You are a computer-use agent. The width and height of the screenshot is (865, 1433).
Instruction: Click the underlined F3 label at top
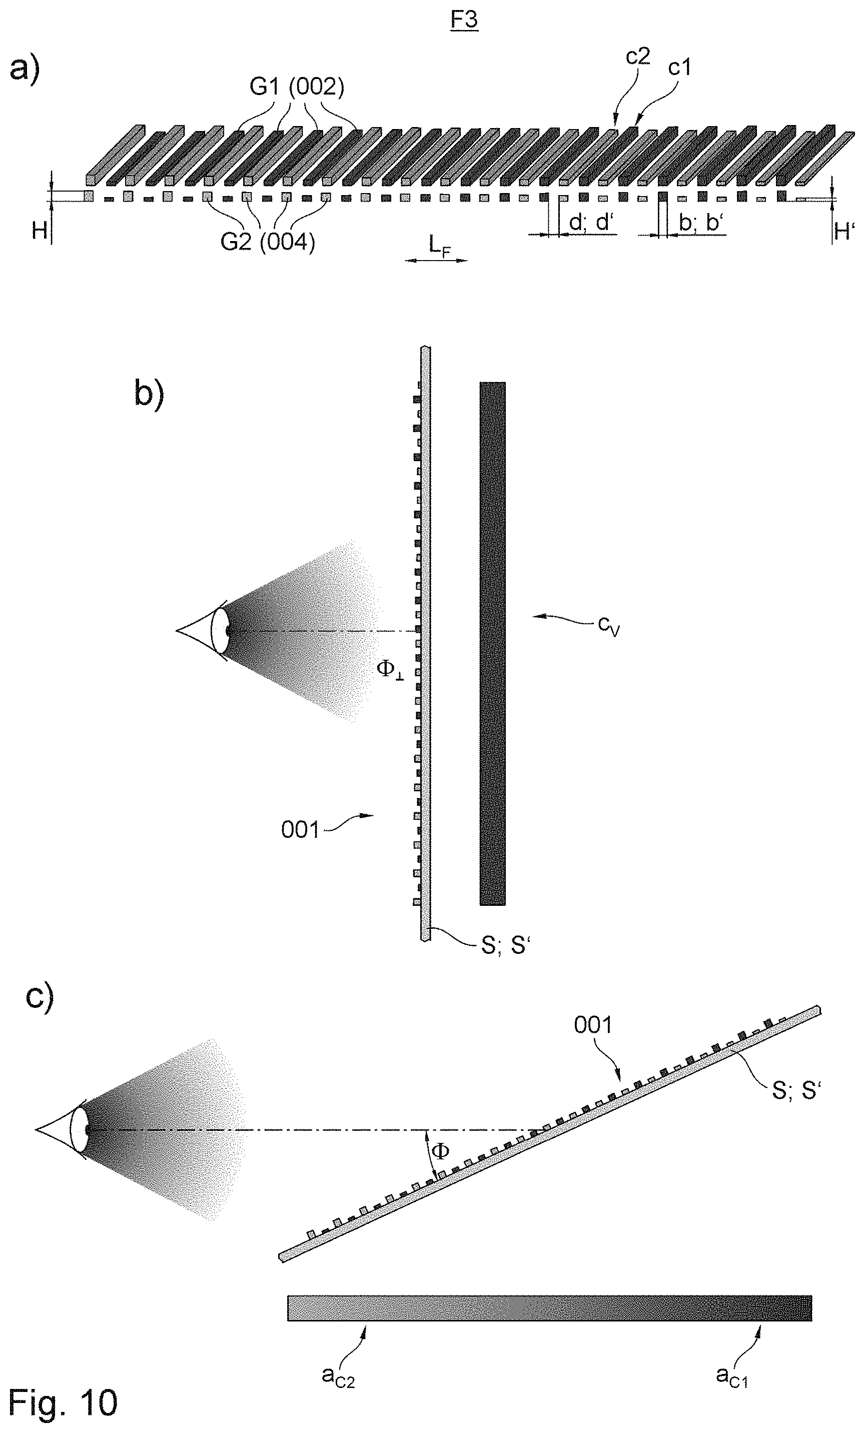[x=464, y=21]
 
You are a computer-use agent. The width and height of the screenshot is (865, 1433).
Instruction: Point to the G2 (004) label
[x=268, y=241]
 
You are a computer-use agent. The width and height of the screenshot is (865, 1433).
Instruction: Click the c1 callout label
[x=679, y=68]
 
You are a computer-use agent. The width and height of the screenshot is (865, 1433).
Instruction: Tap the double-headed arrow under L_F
[x=436, y=261]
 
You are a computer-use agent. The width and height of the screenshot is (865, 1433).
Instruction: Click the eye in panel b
[x=204, y=630]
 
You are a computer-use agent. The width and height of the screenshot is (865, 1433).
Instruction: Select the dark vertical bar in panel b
[x=492, y=643]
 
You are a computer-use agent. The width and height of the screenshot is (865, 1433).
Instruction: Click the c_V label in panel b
[x=608, y=626]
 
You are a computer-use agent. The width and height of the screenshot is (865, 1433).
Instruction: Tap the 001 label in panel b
[x=300, y=830]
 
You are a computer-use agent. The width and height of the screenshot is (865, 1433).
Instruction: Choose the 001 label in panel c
[x=593, y=1025]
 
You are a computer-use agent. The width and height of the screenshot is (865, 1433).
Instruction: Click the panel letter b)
[x=149, y=393]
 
